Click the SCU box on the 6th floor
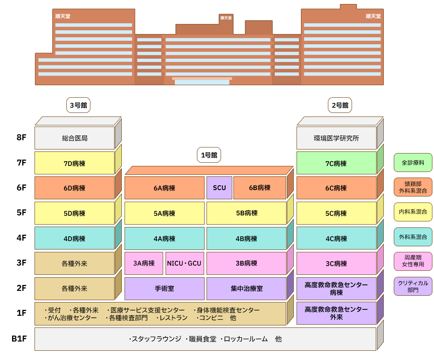219,188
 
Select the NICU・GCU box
184,264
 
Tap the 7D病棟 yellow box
75,163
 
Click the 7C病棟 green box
336,163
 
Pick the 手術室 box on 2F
164,288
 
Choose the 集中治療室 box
246,288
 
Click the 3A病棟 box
144,264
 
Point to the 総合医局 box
75,138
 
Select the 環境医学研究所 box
336,138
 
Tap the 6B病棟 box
260,188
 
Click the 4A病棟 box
164,239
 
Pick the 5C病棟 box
336,213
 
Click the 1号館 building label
209,155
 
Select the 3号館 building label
78,105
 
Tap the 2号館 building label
340,105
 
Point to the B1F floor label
19,339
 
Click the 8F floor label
21,138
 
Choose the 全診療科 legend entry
413,163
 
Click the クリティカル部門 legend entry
413,286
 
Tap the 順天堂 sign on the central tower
226,18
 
